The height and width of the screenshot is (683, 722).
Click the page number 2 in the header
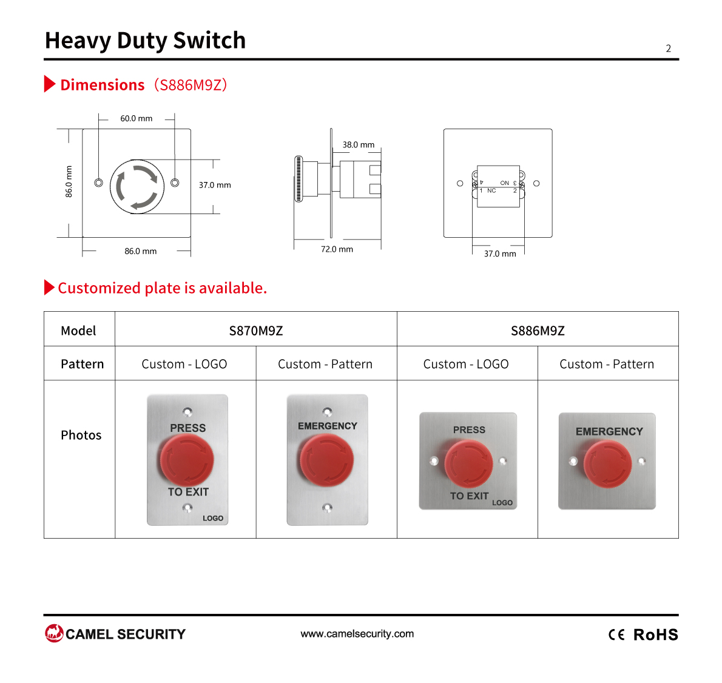tap(668, 49)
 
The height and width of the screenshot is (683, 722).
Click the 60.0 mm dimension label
tap(137, 119)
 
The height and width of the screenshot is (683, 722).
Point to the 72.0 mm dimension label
tap(337, 249)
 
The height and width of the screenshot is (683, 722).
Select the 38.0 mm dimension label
tap(358, 145)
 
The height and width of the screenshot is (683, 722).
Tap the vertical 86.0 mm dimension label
tap(69, 182)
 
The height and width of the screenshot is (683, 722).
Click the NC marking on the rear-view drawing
tap(491, 190)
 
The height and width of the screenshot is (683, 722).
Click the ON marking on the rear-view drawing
tap(505, 183)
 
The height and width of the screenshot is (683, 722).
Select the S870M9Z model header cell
tap(256, 331)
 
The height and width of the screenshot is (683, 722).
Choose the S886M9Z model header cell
tap(538, 331)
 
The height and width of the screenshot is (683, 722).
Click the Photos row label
tap(81, 436)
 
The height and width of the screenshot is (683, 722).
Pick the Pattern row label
tap(83, 364)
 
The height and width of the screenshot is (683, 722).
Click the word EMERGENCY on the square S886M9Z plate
tap(609, 432)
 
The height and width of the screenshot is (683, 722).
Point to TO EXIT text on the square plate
tap(469, 496)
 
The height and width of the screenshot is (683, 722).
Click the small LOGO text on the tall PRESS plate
tap(213, 518)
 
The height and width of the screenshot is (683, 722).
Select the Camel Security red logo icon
tap(54, 633)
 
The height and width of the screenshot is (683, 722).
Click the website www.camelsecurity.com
tap(357, 634)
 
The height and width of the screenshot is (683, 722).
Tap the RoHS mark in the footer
tap(656, 634)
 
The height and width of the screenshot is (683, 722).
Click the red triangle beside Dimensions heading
tap(50, 84)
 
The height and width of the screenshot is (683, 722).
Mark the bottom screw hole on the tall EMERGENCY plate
tap(328, 508)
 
